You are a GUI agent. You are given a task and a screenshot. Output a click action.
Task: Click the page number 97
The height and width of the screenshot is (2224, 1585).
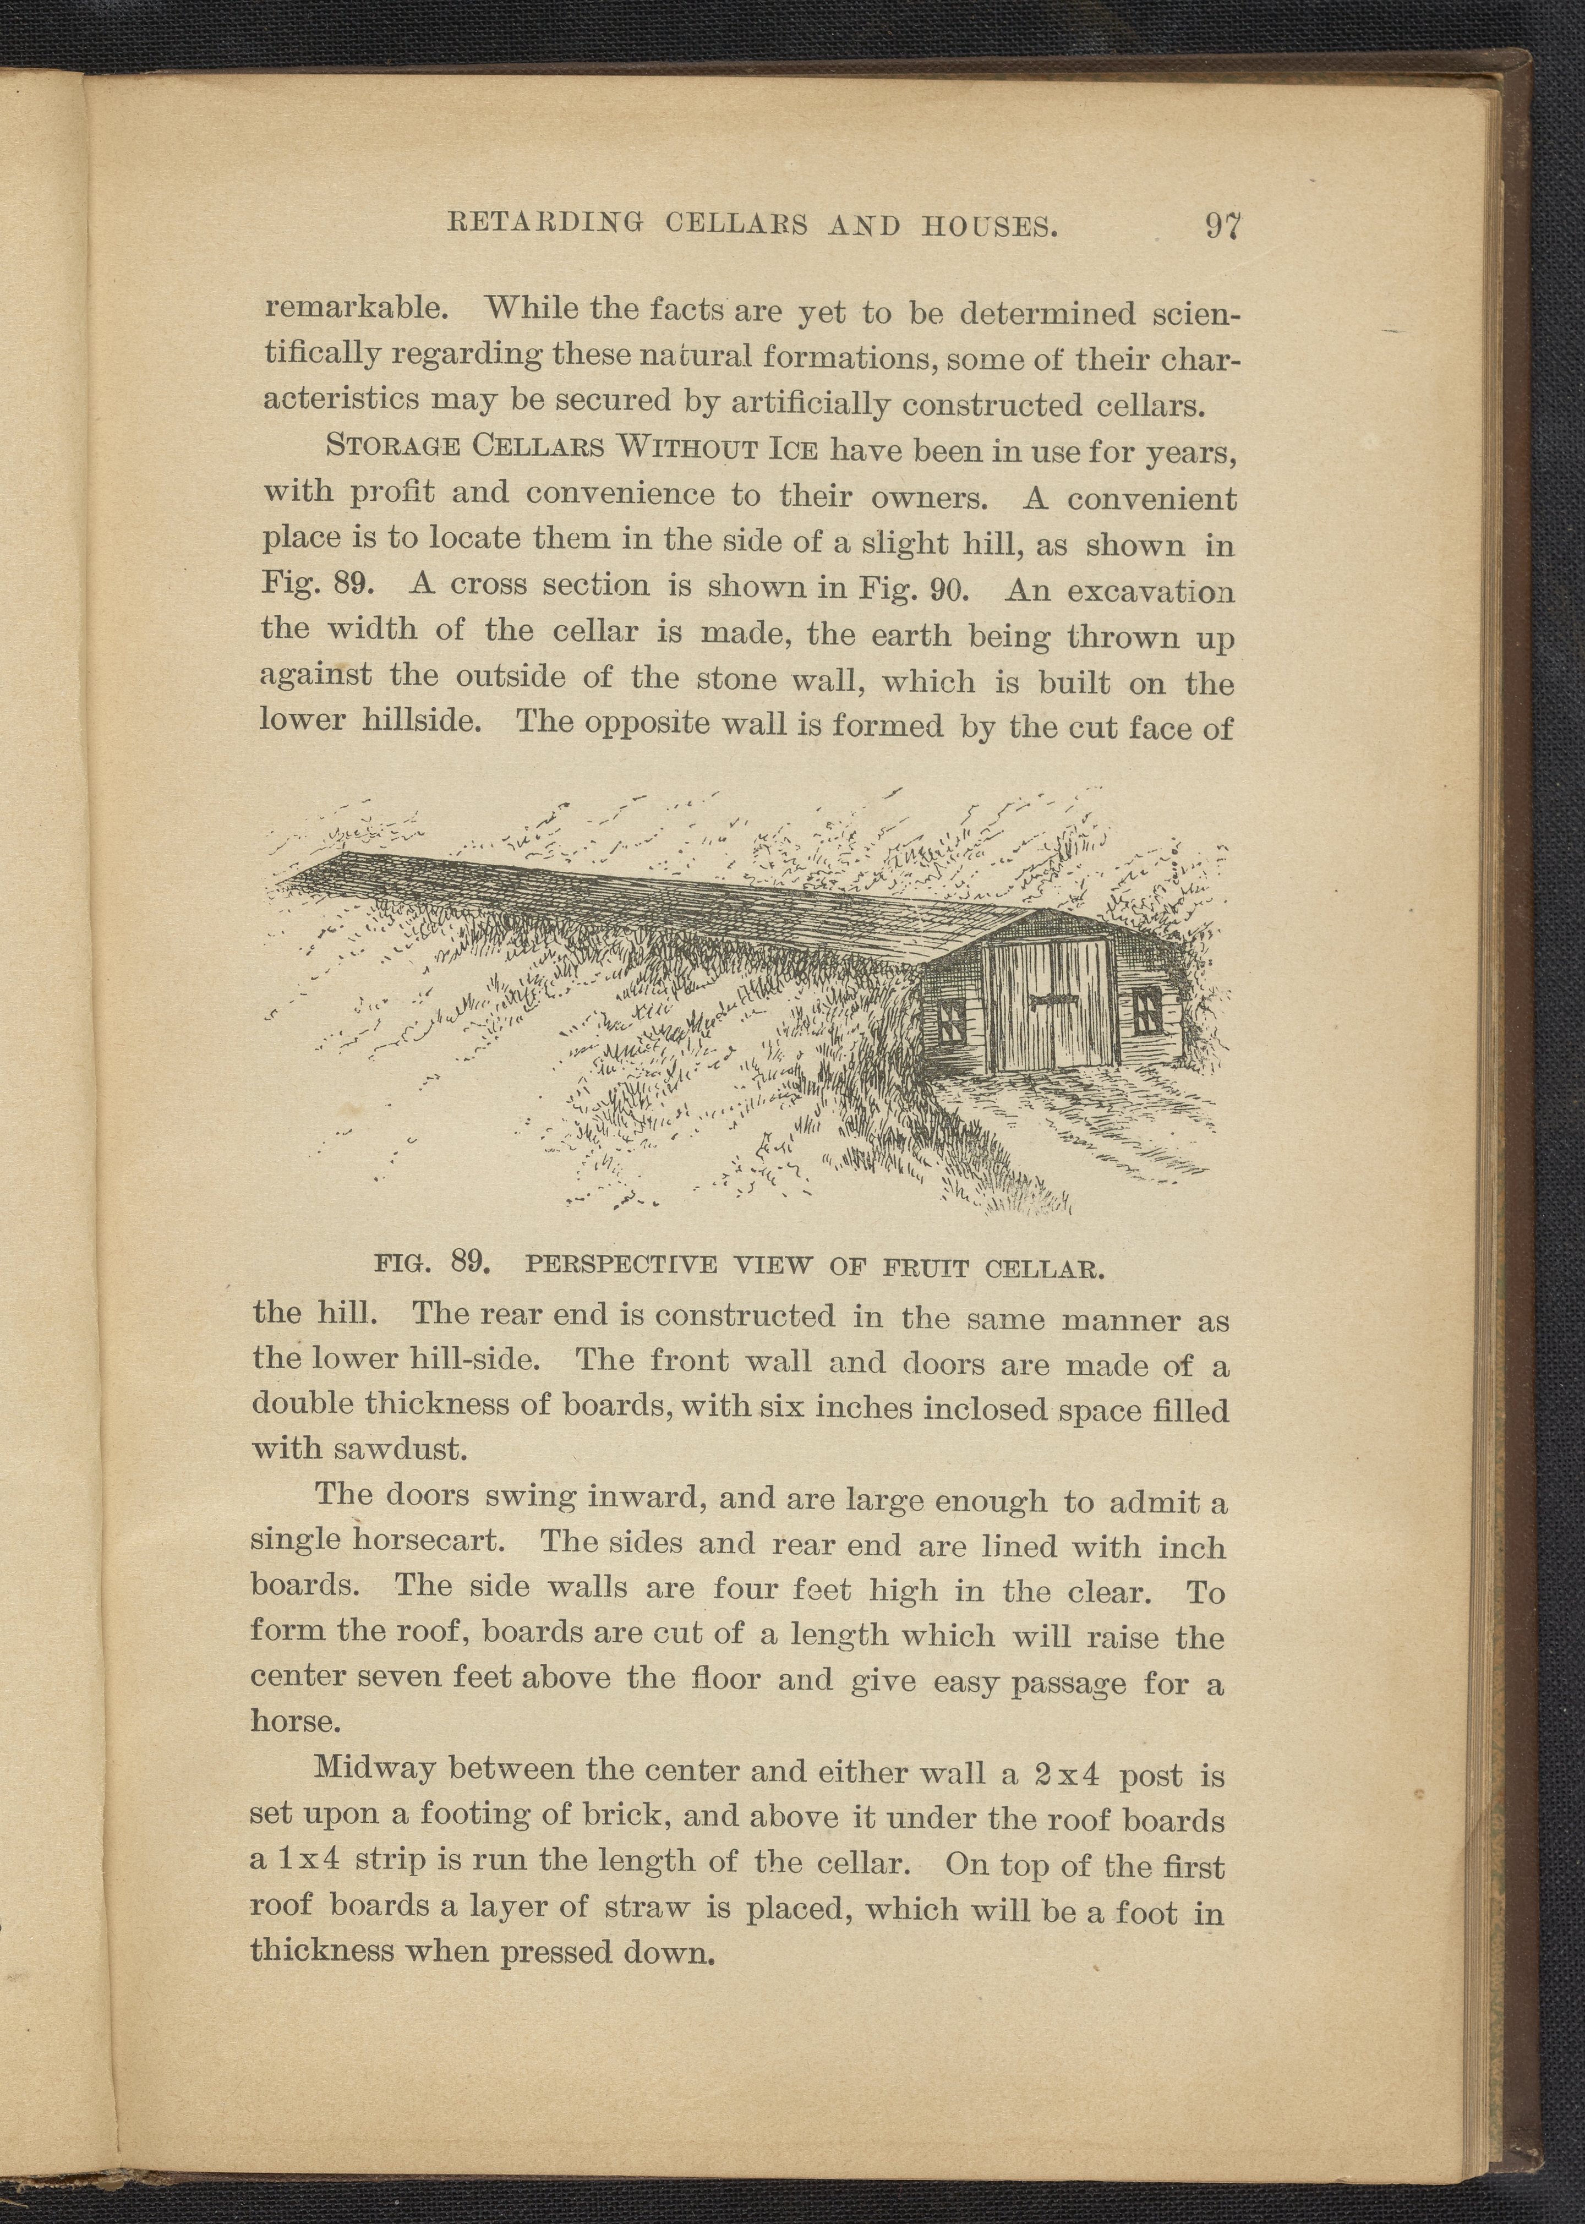coord(1221,226)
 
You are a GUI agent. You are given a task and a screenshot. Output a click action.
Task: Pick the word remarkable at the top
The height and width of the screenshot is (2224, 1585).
coord(356,308)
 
